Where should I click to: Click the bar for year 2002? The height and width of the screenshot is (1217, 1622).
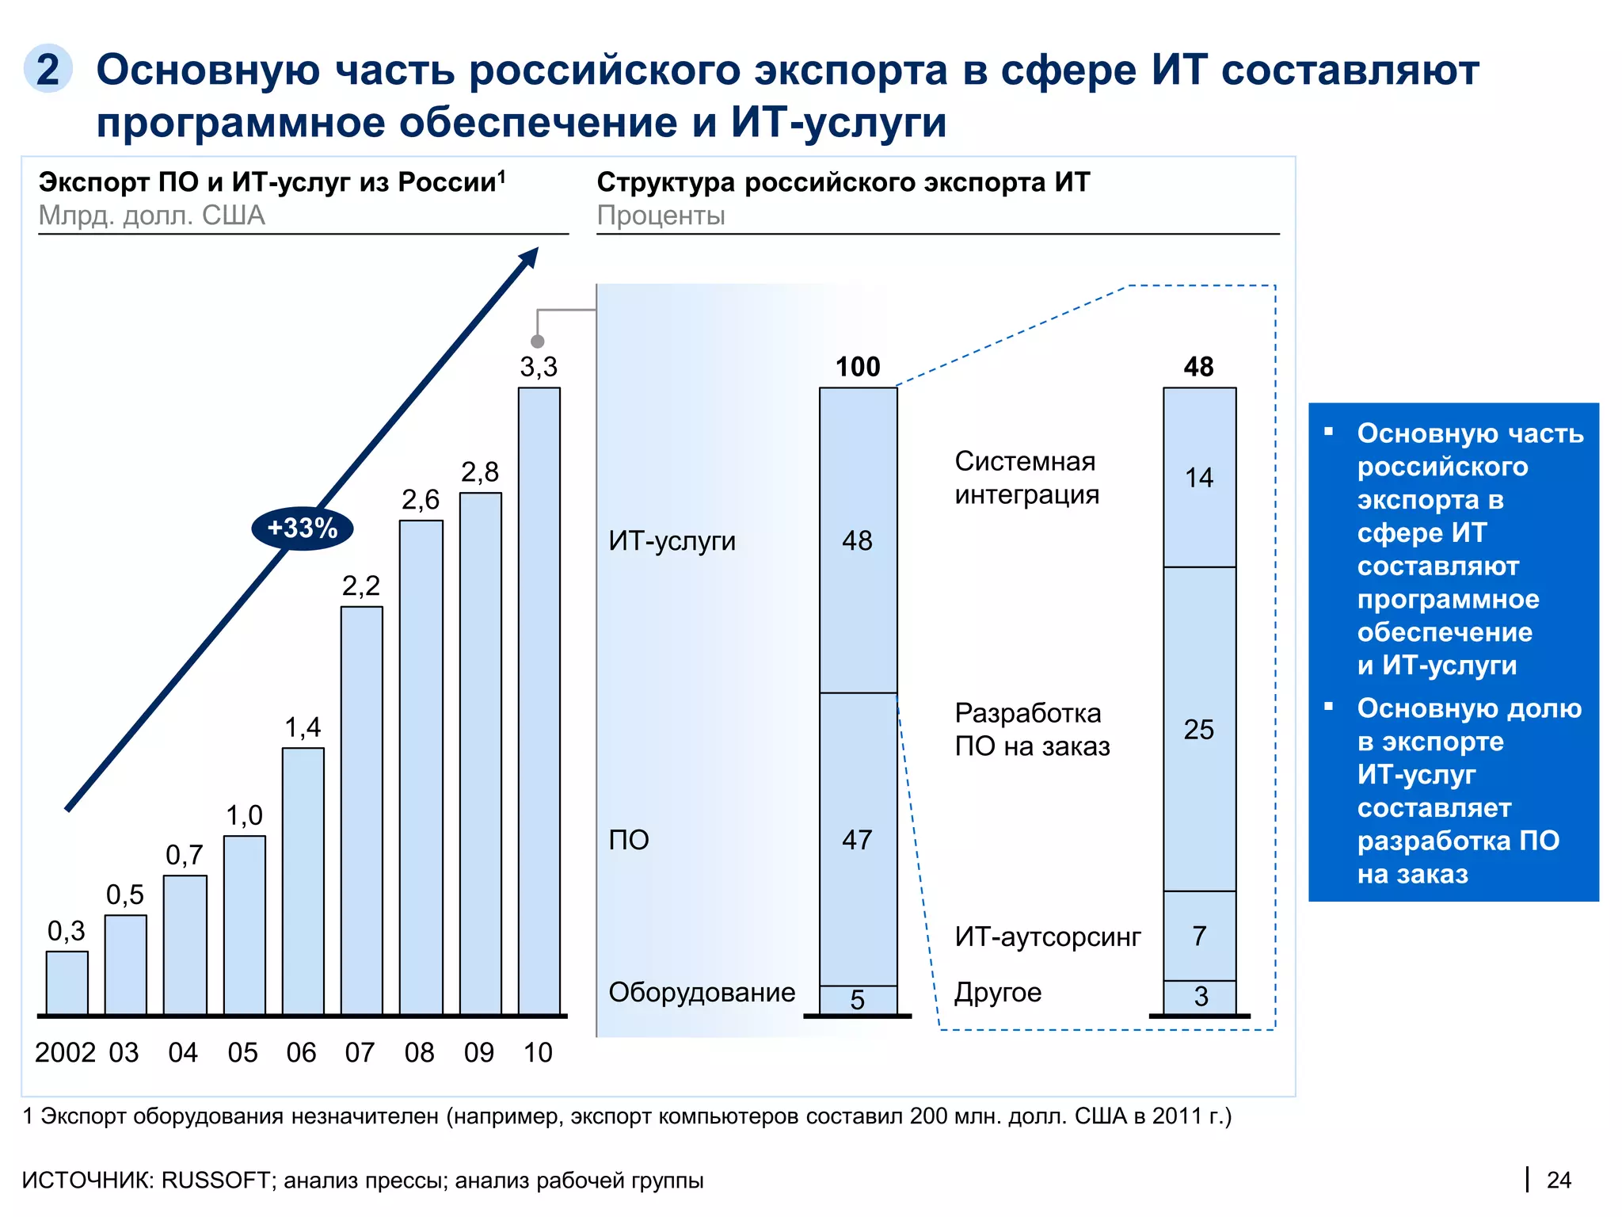coord(67,982)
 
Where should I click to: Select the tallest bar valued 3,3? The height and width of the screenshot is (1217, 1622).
coord(539,701)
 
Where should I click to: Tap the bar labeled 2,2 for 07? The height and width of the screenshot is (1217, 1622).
coord(361,810)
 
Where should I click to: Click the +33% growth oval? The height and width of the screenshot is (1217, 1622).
coord(302,528)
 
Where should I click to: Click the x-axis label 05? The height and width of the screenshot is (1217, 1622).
coord(242,1052)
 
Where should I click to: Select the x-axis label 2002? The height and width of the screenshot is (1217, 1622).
coord(65,1052)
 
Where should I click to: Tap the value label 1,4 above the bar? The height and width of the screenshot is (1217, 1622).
coord(303,727)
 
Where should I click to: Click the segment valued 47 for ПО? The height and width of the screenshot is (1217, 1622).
coord(858,839)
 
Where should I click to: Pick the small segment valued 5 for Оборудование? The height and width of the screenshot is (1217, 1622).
coord(858,1000)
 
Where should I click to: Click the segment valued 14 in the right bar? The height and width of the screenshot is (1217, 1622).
coord(1199,478)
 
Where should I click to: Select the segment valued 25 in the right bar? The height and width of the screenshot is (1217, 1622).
coord(1199,729)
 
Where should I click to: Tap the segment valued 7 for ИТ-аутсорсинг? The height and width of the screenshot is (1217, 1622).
coord(1199,936)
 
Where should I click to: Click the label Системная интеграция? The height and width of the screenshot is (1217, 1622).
coord(1026,478)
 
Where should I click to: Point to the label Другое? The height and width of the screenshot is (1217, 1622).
coord(997,992)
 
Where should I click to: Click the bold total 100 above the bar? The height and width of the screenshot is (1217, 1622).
coord(858,367)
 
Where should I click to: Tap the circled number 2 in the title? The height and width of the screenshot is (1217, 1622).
coord(48,69)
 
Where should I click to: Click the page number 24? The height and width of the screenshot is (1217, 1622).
coord(1558,1181)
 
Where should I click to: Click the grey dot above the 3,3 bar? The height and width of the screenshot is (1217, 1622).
coord(538,341)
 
